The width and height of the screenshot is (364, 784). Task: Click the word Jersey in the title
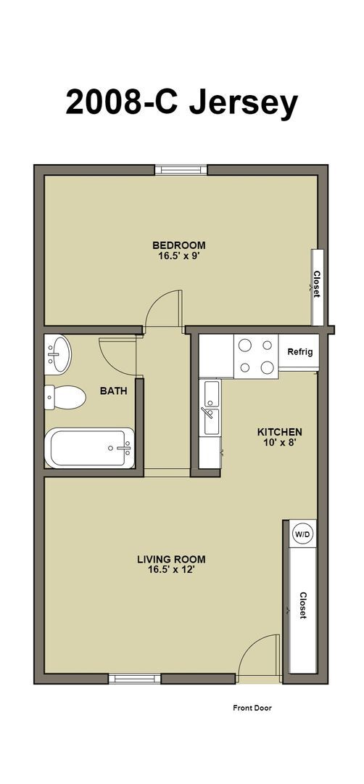point(244,103)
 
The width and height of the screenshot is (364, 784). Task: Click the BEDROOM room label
point(178,245)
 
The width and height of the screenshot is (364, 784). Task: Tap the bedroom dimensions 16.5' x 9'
point(178,256)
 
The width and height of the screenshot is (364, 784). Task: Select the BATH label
point(113,391)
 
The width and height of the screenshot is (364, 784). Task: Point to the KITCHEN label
point(280,432)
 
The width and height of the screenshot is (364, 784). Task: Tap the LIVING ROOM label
point(171,559)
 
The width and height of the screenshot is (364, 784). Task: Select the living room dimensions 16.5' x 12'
point(171,570)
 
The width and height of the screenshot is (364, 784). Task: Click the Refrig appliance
point(299,352)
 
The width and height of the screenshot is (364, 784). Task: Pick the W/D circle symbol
point(302,534)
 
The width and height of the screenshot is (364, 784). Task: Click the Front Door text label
point(252,707)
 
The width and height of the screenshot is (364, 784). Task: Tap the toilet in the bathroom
point(64,396)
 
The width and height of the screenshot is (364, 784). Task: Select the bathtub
point(90,449)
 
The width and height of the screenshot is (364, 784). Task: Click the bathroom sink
point(58,353)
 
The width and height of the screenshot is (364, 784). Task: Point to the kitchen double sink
point(212,408)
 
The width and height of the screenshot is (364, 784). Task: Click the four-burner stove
point(256,356)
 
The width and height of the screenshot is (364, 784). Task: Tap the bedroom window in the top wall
point(181,171)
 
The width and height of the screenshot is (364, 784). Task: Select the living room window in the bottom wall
point(135,679)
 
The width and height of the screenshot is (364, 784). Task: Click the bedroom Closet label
point(317,284)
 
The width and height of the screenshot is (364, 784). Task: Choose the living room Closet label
point(302,604)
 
